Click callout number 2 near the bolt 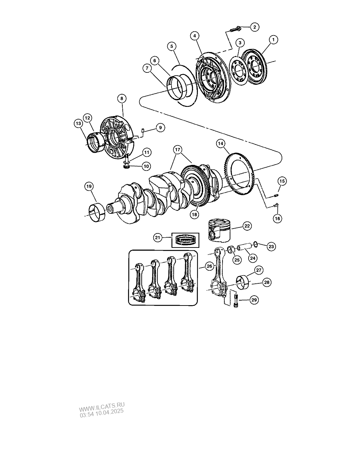point(255,27)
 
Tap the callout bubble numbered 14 point(221,143)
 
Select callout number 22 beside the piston point(247,226)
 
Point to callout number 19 point(89,186)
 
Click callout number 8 point(122,98)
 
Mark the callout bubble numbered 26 point(210,266)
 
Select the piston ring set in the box point(185,240)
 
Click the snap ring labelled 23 point(255,244)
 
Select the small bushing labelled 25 point(232,249)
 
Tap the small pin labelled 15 point(276,196)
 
